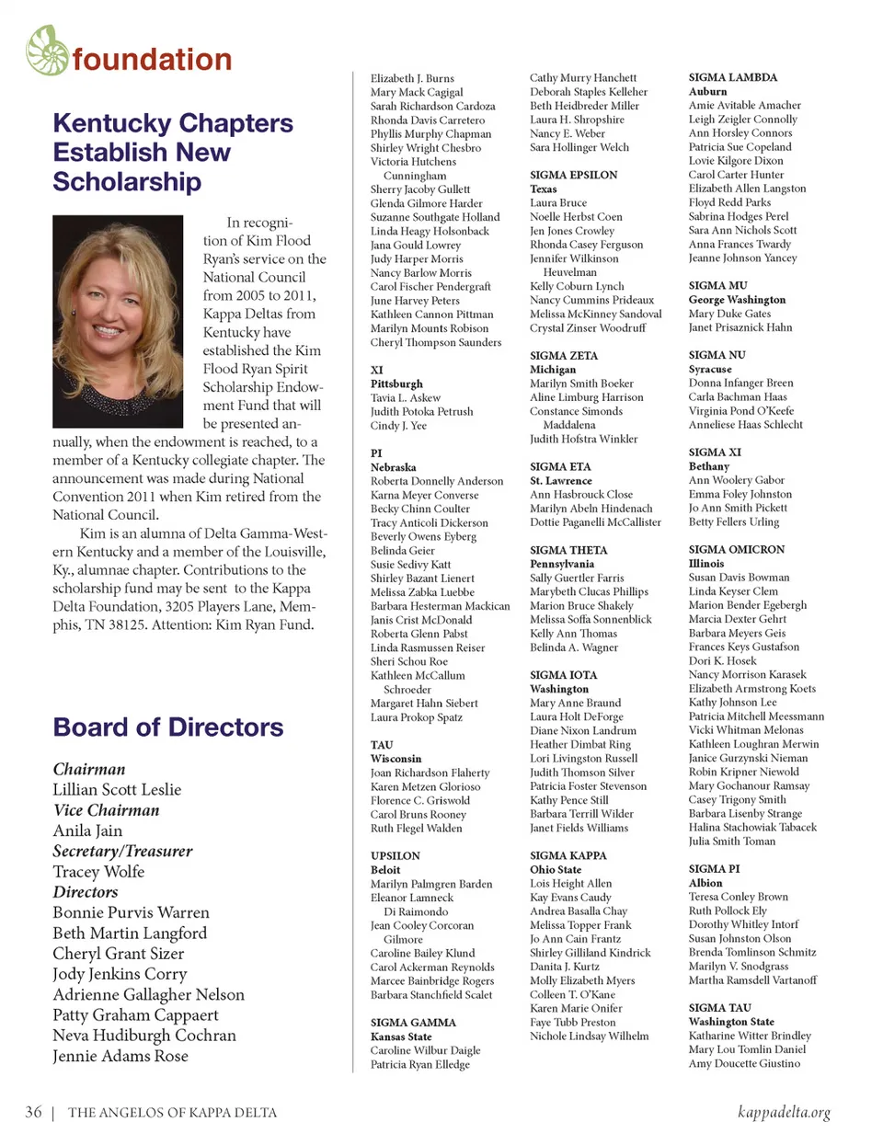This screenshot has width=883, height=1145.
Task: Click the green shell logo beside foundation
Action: tap(48, 51)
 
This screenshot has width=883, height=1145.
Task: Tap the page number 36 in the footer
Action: tap(33, 1112)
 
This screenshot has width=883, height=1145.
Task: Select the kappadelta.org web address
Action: tap(784, 1112)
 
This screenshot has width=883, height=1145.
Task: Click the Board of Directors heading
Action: tap(168, 727)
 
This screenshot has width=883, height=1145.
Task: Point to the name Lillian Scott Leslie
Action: tap(117, 790)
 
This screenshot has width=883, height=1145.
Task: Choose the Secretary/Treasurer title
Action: tap(122, 852)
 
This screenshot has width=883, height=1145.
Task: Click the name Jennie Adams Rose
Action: tap(120, 1056)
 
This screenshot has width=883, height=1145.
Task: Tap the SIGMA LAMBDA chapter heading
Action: tap(733, 78)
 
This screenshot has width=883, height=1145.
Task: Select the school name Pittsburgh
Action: tap(396, 384)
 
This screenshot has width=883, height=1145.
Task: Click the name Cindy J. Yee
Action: tap(398, 426)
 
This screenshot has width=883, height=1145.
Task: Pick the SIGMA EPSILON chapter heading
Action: tap(573, 175)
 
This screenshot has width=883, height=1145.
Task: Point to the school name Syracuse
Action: tap(710, 369)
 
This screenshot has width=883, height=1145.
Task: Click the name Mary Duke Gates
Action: tap(729, 314)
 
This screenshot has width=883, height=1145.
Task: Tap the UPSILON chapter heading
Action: tap(396, 856)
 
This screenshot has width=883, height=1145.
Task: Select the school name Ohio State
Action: tap(556, 870)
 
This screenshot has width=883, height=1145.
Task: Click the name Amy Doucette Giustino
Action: tap(744, 1064)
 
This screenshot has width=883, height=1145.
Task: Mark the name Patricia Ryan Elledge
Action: tap(419, 1064)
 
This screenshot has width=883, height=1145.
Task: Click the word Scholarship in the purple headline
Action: tap(127, 182)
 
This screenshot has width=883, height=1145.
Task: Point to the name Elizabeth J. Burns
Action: tap(412, 79)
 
